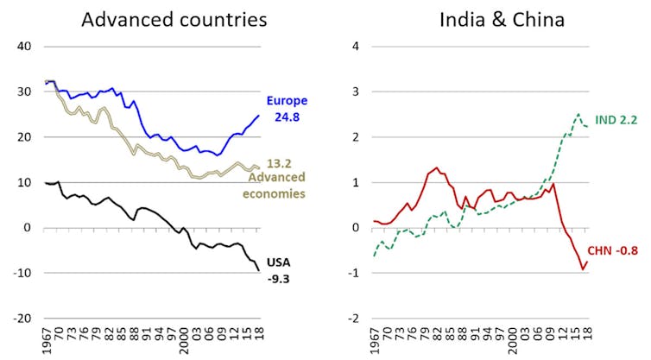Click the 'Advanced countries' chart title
click(174, 19)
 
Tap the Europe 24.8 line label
click(287, 107)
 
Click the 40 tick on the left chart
click(25, 46)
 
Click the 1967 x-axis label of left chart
click(47, 342)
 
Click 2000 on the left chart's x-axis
click(184, 342)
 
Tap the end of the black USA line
click(258, 270)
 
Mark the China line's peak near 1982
click(436, 167)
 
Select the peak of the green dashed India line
click(578, 114)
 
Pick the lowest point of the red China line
click(581, 269)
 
